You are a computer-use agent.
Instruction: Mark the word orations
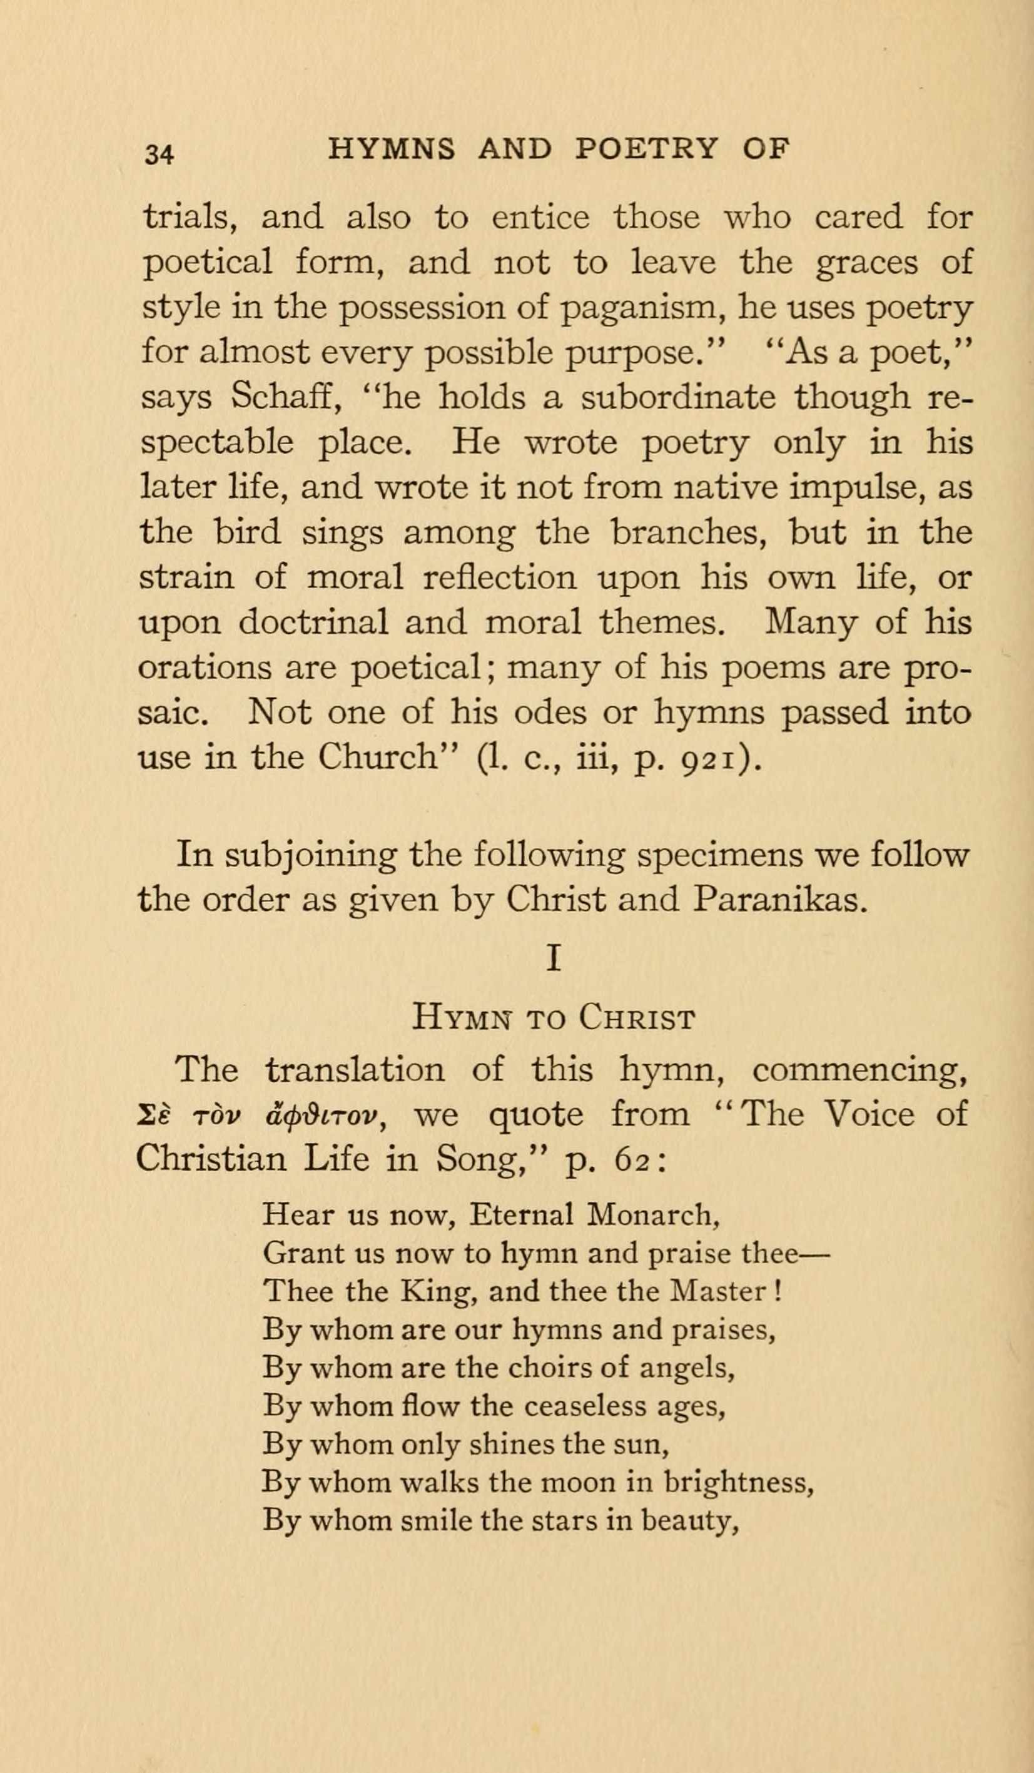pyautogui.click(x=205, y=667)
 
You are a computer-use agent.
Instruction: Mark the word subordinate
pyautogui.click(x=678, y=397)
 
